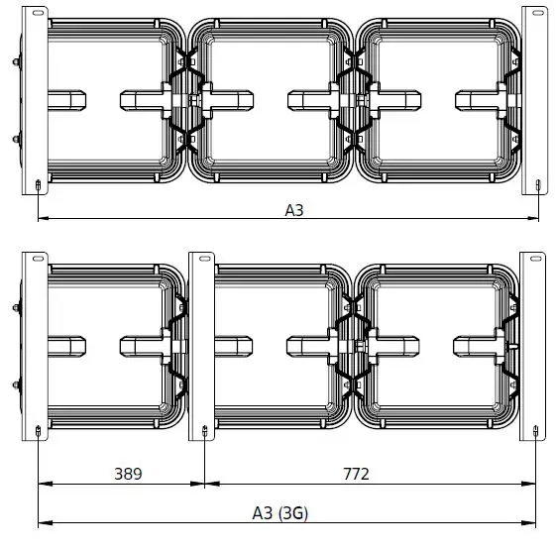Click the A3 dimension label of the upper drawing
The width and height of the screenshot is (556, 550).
tap(294, 209)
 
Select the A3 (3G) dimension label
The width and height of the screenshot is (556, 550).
tap(280, 512)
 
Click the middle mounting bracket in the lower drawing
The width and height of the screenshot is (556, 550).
tap(203, 347)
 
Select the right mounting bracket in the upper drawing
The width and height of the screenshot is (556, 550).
tap(535, 99)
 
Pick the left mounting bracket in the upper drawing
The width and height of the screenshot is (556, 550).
tap(36, 99)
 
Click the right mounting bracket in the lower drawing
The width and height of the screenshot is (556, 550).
tap(534, 347)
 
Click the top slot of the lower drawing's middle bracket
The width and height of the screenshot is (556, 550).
tap(203, 259)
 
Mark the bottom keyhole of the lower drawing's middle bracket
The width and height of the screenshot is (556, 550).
tap(204, 431)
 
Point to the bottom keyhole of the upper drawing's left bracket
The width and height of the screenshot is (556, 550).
tap(38, 185)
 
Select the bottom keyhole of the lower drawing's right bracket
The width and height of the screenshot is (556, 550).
tap(536, 431)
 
